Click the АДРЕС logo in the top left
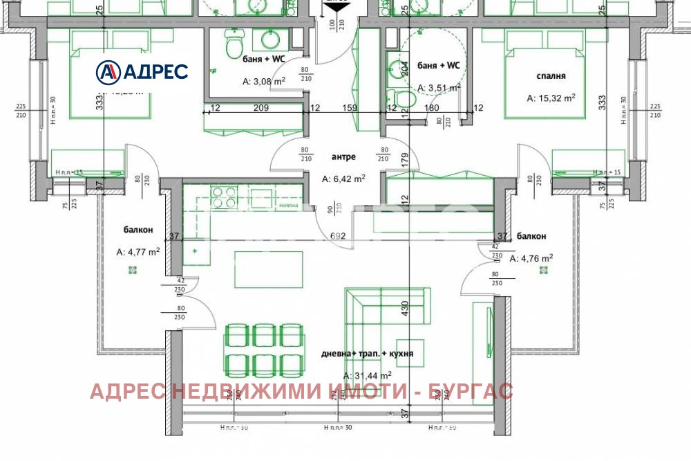click(x=142, y=71)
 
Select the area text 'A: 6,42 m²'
click(x=343, y=178)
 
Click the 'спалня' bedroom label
click(x=551, y=76)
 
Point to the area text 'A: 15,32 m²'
click(x=551, y=98)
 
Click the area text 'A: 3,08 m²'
click(x=263, y=81)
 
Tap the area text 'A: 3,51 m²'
click(x=439, y=88)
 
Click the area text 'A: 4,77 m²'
click(x=138, y=252)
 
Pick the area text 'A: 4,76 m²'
click(x=531, y=258)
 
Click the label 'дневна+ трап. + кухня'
click(x=367, y=353)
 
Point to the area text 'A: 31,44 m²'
click(x=367, y=376)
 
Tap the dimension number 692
click(x=338, y=236)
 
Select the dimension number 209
click(x=261, y=108)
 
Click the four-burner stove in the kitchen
click(x=223, y=197)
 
